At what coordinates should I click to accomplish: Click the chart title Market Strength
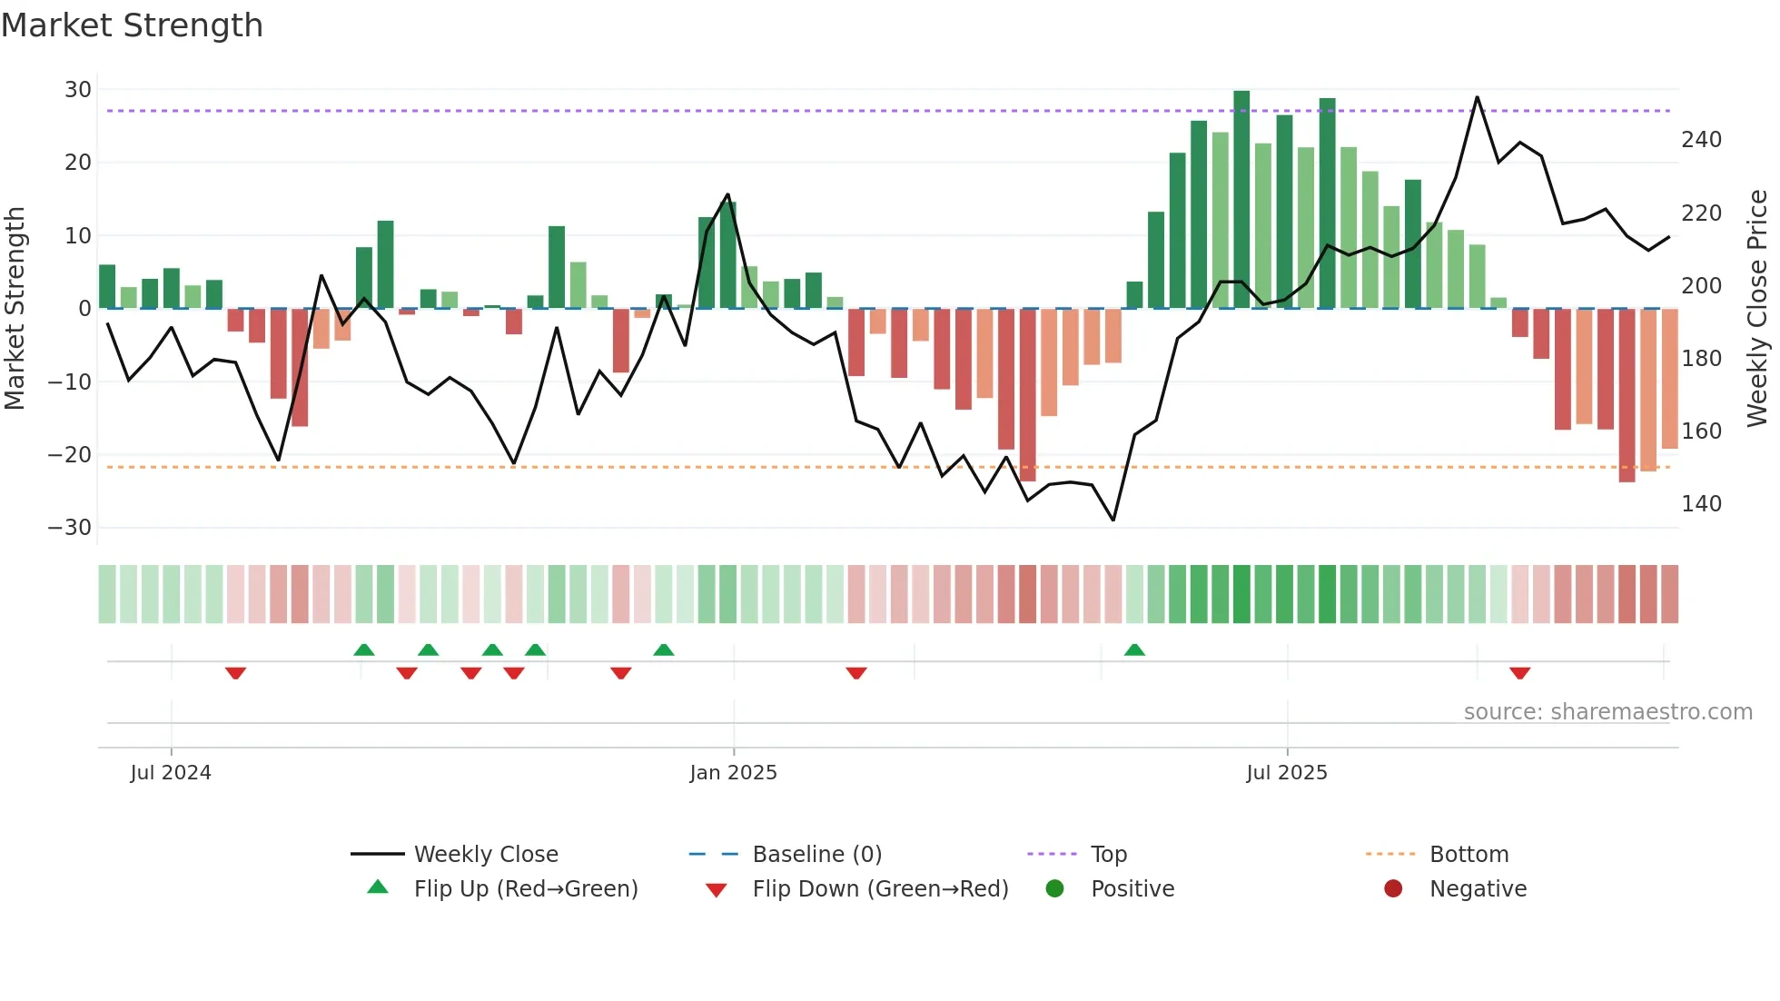tap(132, 25)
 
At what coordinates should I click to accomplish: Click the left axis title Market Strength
tap(15, 308)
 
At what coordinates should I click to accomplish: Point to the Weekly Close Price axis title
tap(1758, 308)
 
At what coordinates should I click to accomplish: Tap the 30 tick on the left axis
tap(78, 90)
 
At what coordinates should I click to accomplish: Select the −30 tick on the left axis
tap(70, 528)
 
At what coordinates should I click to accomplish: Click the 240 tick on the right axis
tap(1701, 140)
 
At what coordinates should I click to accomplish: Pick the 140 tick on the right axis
tap(1701, 504)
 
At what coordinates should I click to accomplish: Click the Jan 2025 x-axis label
tap(733, 773)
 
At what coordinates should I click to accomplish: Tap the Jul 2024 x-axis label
tap(171, 773)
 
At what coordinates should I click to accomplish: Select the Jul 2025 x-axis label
tap(1287, 773)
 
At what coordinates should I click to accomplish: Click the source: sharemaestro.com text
tap(1607, 712)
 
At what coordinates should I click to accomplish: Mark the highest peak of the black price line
tap(1477, 97)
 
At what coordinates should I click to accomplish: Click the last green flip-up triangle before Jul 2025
tap(1134, 649)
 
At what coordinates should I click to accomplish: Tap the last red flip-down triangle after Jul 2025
tap(1519, 673)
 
